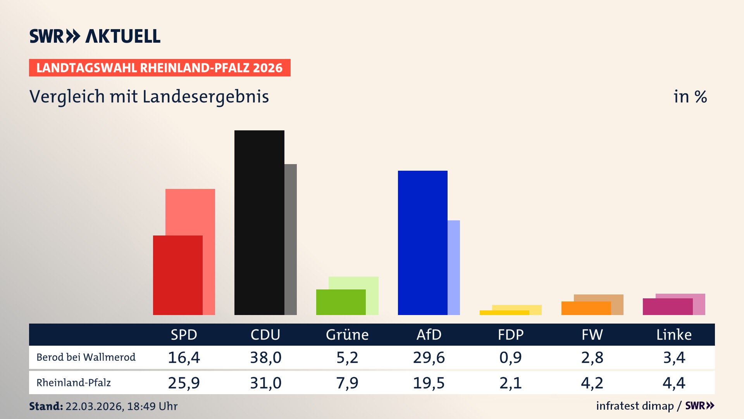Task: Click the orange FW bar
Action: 586,308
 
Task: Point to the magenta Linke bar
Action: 667,306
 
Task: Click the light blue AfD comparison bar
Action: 454,267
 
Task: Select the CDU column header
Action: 265,334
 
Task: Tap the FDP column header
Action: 510,334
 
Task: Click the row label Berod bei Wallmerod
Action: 86,357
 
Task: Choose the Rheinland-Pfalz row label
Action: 74,383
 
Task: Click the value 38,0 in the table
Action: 265,357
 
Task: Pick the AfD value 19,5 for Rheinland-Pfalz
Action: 429,383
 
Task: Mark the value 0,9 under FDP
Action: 510,357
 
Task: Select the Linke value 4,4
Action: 674,383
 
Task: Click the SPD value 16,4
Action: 184,357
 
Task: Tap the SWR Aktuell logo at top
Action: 95,36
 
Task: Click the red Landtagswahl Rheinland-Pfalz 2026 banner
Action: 160,68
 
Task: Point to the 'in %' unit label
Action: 690,97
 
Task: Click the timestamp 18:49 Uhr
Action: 152,406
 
